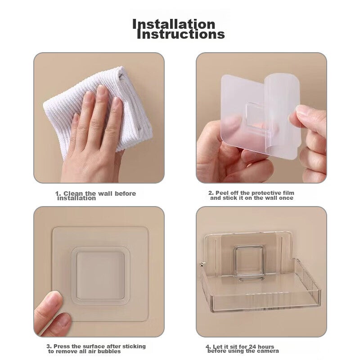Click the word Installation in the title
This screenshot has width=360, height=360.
pyautogui.click(x=174, y=24)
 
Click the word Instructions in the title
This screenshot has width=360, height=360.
pyautogui.click(x=181, y=35)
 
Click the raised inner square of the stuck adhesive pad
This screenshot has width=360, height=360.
pyautogui.click(x=100, y=276)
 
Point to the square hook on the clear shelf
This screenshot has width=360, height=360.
pyautogui.click(x=248, y=260)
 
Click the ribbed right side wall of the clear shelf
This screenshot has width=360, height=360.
pyautogui.click(x=307, y=284)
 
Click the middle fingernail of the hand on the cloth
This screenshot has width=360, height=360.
pyautogui.click(x=101, y=90)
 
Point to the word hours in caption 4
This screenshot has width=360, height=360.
pyautogui.click(x=266, y=346)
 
